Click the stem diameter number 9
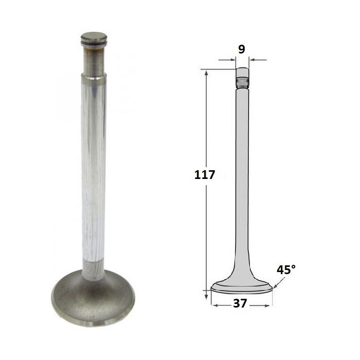click(x=242, y=49)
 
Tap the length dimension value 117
click(x=205, y=175)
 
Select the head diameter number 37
click(x=240, y=303)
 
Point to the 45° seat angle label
click(x=286, y=270)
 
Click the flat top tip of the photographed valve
click(x=94, y=37)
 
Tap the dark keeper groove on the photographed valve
click(x=94, y=44)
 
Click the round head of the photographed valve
click(x=93, y=298)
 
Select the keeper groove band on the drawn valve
click(x=242, y=81)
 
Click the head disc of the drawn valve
click(x=242, y=287)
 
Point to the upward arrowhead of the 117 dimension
click(x=206, y=74)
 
